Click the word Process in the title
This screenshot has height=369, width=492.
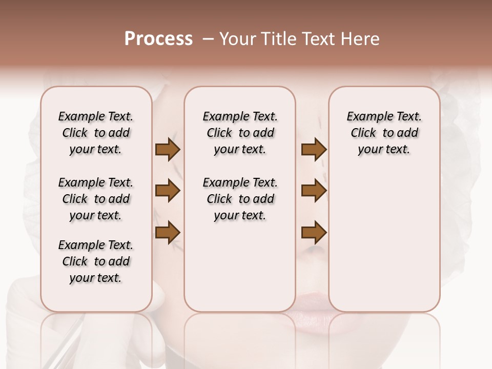point(158,39)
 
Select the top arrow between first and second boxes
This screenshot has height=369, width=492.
point(168,150)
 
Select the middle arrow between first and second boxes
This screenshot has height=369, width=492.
point(168,191)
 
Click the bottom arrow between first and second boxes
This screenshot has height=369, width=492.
point(168,232)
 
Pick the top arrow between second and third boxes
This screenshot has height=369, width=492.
point(314,150)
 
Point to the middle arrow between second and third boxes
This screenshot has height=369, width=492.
point(314,191)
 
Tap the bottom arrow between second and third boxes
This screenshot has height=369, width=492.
point(314,233)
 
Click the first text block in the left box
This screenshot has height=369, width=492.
point(96,133)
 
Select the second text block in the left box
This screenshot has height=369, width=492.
point(96,199)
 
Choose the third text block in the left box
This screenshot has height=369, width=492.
point(96,261)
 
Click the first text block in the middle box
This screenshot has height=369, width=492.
point(240,133)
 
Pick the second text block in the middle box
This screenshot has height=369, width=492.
point(240,199)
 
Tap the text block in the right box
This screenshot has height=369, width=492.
point(384,133)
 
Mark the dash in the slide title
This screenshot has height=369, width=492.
point(208,39)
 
